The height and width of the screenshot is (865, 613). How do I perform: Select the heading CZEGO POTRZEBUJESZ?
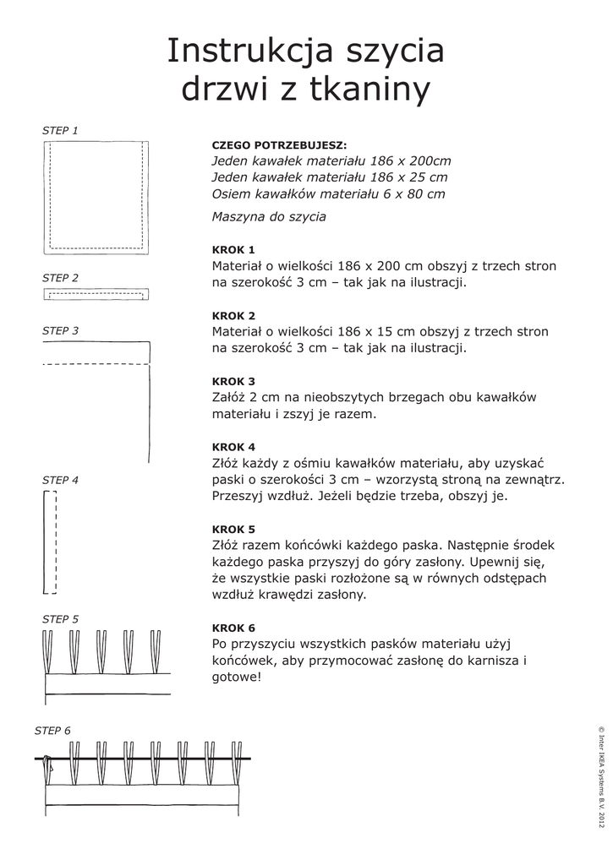coord(279,145)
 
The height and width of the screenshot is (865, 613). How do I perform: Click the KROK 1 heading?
coord(233,250)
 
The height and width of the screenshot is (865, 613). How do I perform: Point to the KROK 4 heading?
coord(233,447)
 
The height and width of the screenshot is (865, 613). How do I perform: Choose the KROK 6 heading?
coord(233,628)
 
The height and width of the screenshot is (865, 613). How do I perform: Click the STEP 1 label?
coord(60,131)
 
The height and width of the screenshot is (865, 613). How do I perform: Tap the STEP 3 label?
coord(60,331)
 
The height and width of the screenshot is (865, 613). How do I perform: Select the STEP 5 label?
coord(60,619)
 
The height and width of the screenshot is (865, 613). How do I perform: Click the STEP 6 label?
coord(52,731)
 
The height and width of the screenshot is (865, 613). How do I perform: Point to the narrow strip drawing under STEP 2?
coord(96,294)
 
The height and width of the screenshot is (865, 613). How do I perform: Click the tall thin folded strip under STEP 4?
coord(49,542)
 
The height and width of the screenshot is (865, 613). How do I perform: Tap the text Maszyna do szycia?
coord(269,217)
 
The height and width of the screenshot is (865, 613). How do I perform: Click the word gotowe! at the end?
coord(237,677)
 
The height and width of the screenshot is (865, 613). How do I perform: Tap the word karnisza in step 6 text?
coord(488,661)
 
